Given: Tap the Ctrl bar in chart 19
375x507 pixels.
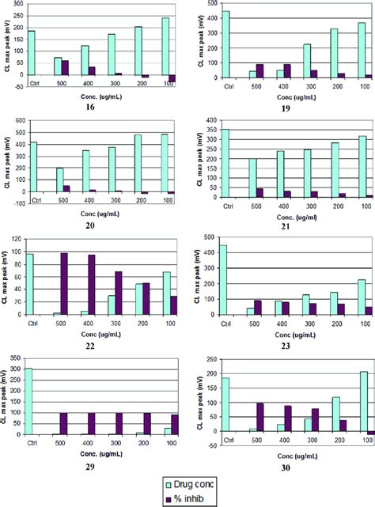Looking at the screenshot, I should point(225,44).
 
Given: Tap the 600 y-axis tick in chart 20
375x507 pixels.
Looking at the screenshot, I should point(17,121).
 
